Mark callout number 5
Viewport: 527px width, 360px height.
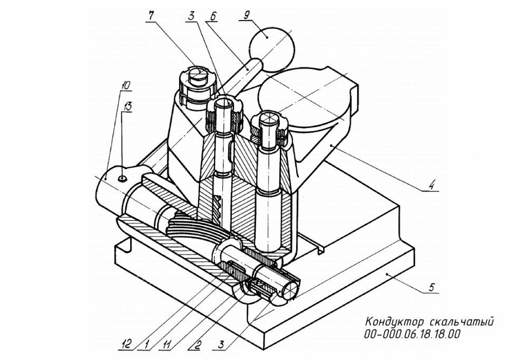[x=431, y=288]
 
